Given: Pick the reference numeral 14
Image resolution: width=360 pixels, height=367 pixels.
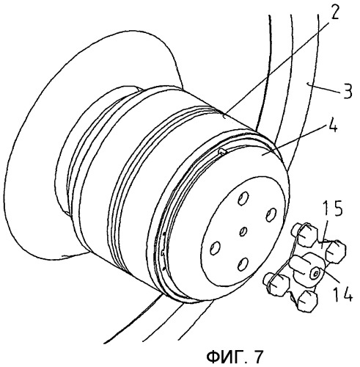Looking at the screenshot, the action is tap(342, 293).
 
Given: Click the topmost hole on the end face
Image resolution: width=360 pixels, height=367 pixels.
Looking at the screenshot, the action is tap(243, 197).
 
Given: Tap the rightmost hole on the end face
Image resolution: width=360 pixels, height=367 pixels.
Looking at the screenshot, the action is tap(271, 214).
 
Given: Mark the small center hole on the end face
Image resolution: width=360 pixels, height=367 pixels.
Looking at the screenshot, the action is tap(243, 231).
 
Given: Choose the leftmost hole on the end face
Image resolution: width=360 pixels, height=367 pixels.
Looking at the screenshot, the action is tap(215, 248).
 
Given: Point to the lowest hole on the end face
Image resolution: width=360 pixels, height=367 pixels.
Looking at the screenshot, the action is tap(243, 265).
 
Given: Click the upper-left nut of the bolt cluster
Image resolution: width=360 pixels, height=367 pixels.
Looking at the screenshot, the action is tap(306, 235).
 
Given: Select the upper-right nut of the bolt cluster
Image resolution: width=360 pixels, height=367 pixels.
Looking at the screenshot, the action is tap(336, 251).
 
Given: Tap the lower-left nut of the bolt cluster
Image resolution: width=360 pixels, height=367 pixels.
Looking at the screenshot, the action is tap(276, 285).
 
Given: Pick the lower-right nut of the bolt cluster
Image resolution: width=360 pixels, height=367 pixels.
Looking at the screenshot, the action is tap(307, 301).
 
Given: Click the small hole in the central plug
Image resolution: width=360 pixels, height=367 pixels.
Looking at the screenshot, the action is tap(315, 273).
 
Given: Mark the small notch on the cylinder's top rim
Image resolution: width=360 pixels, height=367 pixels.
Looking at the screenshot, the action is tap(222, 152).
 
